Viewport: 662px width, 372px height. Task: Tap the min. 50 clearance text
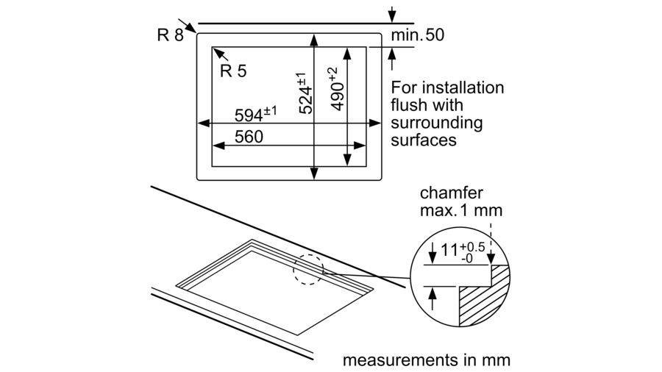point(417,35)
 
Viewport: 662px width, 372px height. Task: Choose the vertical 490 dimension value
point(335,89)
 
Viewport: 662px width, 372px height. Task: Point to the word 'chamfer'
point(451,193)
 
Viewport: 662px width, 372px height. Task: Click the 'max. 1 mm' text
point(461,210)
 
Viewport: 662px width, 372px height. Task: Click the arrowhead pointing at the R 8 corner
point(193,29)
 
